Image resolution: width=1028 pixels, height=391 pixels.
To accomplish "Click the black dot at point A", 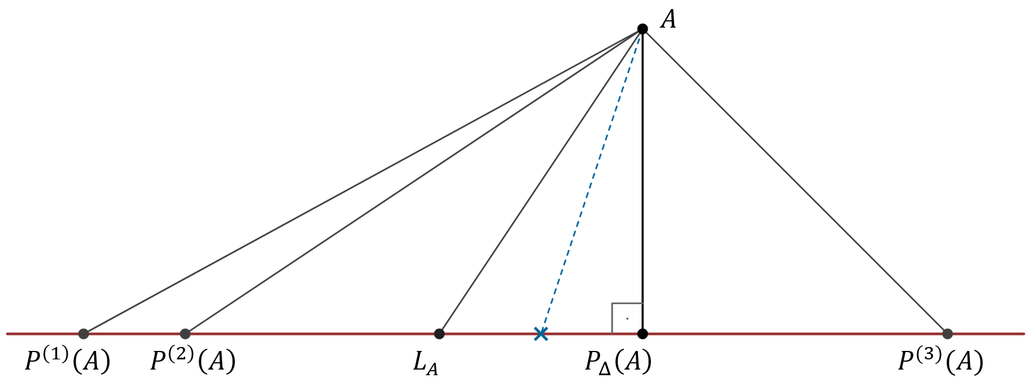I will pyautogui.click(x=642, y=29).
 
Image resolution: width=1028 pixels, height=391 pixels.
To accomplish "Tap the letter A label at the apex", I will pyautogui.click(x=668, y=20).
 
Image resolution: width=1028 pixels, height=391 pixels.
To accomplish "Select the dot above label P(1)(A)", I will pyautogui.click(x=84, y=333).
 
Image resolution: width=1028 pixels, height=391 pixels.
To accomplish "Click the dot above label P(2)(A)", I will pyautogui.click(x=185, y=333).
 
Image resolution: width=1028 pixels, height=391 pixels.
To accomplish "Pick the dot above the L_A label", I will pyautogui.click(x=439, y=333).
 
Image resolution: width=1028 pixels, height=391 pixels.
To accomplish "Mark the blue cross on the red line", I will pyautogui.click(x=541, y=334).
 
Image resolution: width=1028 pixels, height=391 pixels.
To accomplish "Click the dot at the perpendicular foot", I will pyautogui.click(x=642, y=333).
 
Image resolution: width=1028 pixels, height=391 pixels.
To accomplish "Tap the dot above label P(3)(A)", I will pyautogui.click(x=947, y=333).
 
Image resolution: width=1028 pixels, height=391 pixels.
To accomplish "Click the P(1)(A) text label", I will pyautogui.click(x=67, y=362).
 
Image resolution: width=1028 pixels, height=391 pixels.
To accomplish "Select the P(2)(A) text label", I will pyautogui.click(x=193, y=362).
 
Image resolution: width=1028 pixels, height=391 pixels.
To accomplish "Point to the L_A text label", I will pyautogui.click(x=425, y=364).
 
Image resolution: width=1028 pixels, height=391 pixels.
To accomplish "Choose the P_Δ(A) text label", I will pyautogui.click(x=618, y=363).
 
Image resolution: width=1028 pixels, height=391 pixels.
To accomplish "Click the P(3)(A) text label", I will pyautogui.click(x=940, y=362).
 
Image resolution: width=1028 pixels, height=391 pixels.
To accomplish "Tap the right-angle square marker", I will pyautogui.click(x=627, y=318).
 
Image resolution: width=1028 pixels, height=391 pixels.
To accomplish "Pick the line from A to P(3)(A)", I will pyautogui.click(x=795, y=181).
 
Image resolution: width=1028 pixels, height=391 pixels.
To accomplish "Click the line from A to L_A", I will pyautogui.click(x=541, y=181).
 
